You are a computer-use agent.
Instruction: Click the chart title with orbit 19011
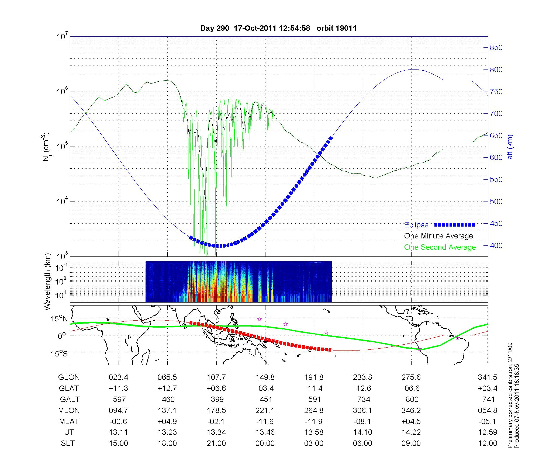point(278,28)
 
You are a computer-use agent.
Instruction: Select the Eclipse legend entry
point(416,225)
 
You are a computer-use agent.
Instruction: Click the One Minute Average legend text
point(438,236)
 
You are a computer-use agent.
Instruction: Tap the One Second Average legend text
point(440,247)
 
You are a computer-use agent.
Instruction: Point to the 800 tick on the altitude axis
point(496,70)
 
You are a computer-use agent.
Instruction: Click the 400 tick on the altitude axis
point(496,246)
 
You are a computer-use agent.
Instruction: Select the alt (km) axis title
point(510,147)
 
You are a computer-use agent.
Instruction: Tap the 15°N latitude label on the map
point(60,319)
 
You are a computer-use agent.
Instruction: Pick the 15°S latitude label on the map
point(60,353)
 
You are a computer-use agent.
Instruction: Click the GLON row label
point(69,377)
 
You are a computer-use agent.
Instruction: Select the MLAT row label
point(69,421)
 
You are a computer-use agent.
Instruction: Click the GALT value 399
point(217,399)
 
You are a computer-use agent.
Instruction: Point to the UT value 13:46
point(265,432)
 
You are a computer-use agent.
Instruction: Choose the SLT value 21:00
point(216,443)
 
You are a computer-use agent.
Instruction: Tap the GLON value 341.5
point(488,377)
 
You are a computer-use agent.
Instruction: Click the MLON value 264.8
point(314,410)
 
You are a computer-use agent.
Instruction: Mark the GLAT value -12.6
point(362,388)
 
